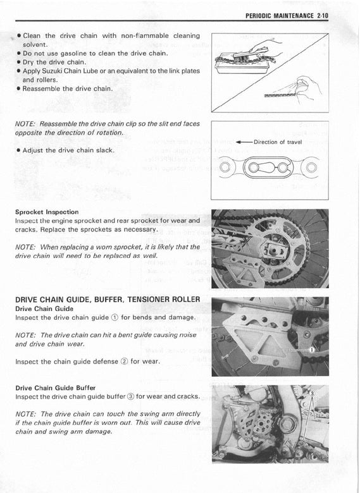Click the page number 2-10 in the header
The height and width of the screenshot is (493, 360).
pos(323,16)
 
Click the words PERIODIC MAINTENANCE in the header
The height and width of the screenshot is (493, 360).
pos(280,16)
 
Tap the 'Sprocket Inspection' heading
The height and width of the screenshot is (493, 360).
pos(47,212)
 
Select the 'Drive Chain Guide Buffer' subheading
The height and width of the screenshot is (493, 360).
pos(56,388)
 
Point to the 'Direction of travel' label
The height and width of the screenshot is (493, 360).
pos(278,142)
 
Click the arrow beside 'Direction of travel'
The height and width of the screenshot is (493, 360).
pos(244,142)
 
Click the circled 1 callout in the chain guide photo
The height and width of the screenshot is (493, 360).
pos(312,350)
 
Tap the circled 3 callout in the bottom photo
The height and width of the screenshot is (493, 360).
pos(312,393)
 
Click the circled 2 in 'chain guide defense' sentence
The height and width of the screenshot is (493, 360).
pos(125,362)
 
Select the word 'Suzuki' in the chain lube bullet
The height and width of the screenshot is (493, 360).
pos(52,71)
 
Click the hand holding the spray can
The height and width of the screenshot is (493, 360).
pos(307,87)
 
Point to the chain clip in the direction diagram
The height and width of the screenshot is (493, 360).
pos(268,167)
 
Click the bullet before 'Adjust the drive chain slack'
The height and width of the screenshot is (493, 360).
pos(18,150)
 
